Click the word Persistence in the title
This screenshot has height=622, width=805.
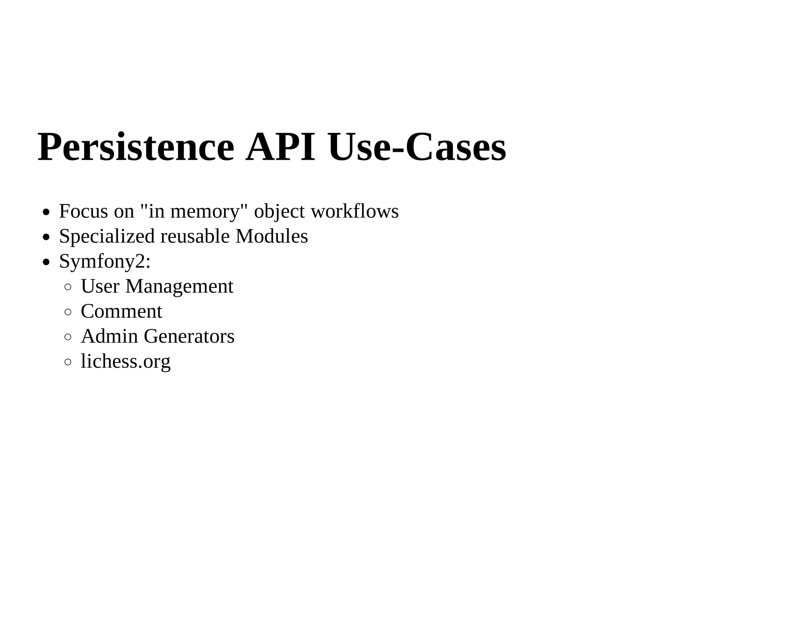136,147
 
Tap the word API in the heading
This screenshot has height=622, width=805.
280,147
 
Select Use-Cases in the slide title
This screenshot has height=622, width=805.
417,147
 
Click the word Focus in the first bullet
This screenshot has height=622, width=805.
83,212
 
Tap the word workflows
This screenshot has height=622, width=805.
355,212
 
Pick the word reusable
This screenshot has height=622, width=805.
195,237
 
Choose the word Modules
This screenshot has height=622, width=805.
272,237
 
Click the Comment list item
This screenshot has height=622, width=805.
121,312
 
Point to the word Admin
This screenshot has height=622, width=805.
109,337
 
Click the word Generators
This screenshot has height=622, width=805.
189,337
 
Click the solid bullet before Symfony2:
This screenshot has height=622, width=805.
46,262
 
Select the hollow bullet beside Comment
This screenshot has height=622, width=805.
68,312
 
